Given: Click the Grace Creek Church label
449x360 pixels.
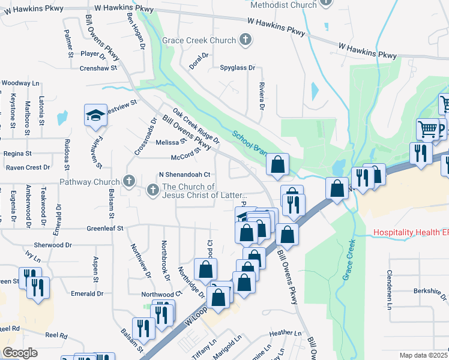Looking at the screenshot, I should pos(198,40).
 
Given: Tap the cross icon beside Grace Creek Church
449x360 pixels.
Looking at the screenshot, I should pos(244,40).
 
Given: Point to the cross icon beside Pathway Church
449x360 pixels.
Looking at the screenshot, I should pos(128,181).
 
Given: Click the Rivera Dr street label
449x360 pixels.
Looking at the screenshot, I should pos(262,96).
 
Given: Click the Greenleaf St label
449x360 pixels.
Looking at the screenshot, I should pos(104,229).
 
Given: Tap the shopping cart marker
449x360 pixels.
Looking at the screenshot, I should pos(427,128).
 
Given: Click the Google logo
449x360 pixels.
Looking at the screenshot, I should pos(20,353).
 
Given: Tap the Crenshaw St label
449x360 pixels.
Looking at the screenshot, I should pos(97,68).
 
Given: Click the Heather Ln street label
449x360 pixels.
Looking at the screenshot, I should pos(285,333).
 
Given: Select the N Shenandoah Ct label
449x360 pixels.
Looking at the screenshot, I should pos(184,175).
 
